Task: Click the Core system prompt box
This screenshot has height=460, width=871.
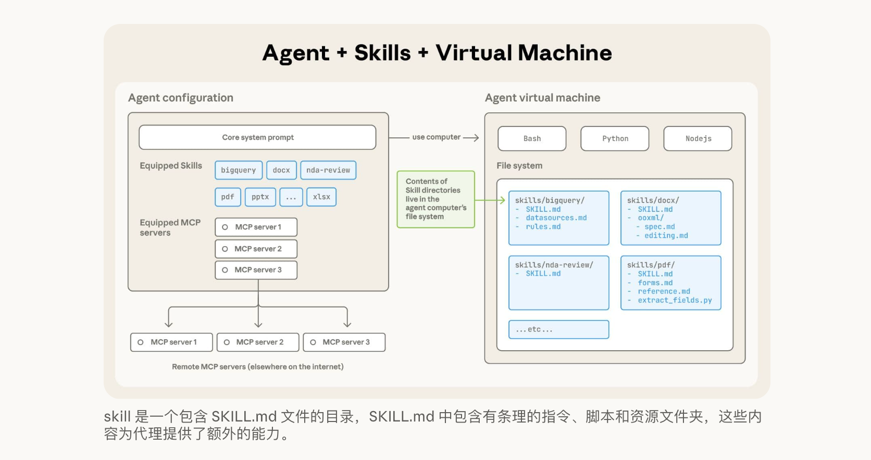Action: pos(257,137)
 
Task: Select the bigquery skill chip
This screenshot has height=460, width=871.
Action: pos(239,170)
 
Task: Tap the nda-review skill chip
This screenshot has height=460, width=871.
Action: pos(328,170)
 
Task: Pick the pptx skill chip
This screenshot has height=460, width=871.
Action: pos(260,197)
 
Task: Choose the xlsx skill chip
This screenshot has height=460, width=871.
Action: pos(321,197)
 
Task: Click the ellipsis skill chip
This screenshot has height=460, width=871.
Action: pos(291,197)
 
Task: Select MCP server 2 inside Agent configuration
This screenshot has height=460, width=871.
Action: pos(256,249)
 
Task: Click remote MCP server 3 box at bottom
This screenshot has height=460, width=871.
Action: pos(344,342)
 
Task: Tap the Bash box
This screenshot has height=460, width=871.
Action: pos(532,139)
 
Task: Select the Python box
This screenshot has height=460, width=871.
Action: pos(615,139)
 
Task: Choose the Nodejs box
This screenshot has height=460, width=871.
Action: pos(698,139)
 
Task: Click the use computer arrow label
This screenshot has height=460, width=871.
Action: pos(436,137)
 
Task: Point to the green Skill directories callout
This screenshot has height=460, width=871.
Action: pos(436,199)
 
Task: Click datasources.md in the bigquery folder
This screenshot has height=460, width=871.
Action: pos(556,218)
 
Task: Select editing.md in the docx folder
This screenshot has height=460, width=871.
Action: pos(666,236)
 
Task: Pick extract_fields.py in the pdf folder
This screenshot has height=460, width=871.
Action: pos(675,300)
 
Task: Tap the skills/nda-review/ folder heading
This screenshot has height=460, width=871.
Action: pos(554,265)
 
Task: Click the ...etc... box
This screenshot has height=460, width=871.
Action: pos(558,329)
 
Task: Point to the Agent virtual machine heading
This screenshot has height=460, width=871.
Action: pos(542,98)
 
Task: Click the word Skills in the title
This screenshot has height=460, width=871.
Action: pos(382,53)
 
